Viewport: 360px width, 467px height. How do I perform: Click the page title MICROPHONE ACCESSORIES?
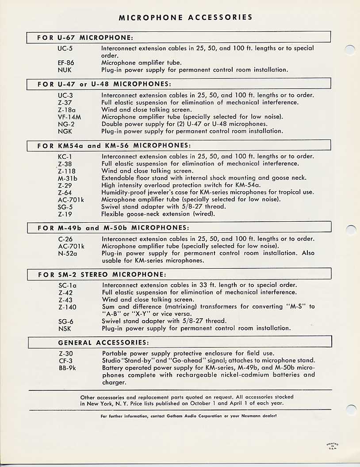click(186, 18)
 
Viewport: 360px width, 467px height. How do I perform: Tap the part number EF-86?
click(66, 63)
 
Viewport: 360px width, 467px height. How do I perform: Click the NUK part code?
click(65, 70)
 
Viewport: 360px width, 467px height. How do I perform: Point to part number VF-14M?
click(69, 117)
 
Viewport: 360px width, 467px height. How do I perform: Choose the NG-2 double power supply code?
click(66, 124)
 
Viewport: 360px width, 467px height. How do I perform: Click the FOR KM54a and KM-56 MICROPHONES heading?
click(114, 145)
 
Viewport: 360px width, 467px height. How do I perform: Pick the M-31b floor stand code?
click(67, 178)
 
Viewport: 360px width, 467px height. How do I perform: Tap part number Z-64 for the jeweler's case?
click(65, 193)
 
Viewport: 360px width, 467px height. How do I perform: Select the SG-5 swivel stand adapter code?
click(65, 207)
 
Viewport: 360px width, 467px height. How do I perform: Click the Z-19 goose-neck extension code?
click(65, 214)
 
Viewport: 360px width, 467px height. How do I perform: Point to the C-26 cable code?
click(65, 239)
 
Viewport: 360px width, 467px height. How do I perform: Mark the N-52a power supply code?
click(68, 253)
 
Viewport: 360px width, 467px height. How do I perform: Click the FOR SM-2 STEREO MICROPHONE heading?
click(102, 275)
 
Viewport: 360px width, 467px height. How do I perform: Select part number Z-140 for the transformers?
click(67, 307)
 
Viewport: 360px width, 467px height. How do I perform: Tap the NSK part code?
click(65, 328)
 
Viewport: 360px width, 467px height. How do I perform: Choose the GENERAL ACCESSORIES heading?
click(103, 343)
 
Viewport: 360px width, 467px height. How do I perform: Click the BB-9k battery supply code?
click(68, 368)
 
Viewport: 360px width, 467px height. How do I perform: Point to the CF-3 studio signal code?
click(65, 360)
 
